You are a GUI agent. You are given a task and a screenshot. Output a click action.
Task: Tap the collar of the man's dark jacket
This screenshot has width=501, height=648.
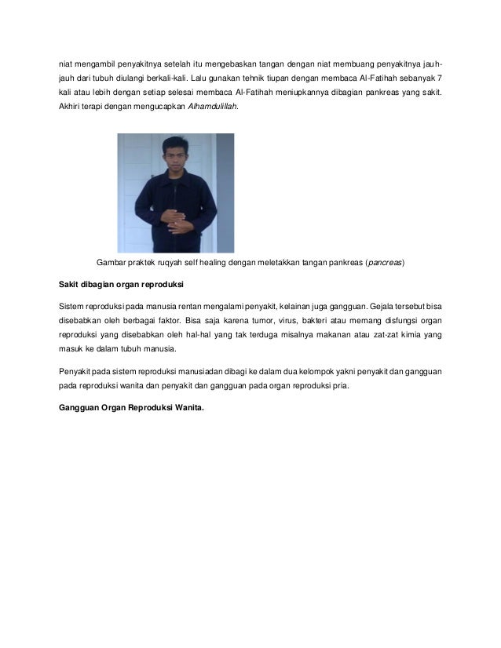coord(174,173)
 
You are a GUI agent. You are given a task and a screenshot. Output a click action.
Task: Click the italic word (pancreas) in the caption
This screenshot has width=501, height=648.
coord(385,262)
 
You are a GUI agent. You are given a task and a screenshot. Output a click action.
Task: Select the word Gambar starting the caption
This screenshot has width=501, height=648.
coord(111,262)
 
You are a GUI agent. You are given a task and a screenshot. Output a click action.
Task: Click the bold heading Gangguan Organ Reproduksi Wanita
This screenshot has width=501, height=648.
coord(131,406)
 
